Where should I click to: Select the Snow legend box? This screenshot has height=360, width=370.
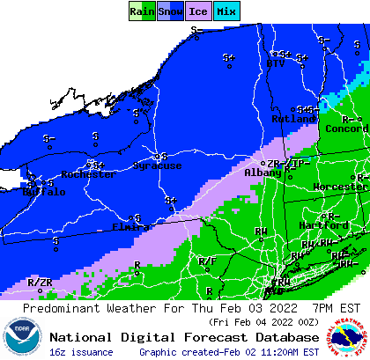point(170,11)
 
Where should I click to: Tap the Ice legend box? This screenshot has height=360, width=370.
point(198,11)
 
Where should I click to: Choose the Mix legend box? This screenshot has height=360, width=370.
point(226,11)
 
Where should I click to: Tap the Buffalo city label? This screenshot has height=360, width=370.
point(42,191)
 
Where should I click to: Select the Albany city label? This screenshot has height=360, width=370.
point(263,174)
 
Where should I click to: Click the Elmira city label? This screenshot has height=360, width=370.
point(130,226)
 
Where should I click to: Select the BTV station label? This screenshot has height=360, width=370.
point(275,63)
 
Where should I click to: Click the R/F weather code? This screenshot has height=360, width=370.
point(207,261)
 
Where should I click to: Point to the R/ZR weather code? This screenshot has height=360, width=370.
point(40,283)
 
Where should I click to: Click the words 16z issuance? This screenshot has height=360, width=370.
point(81,352)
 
